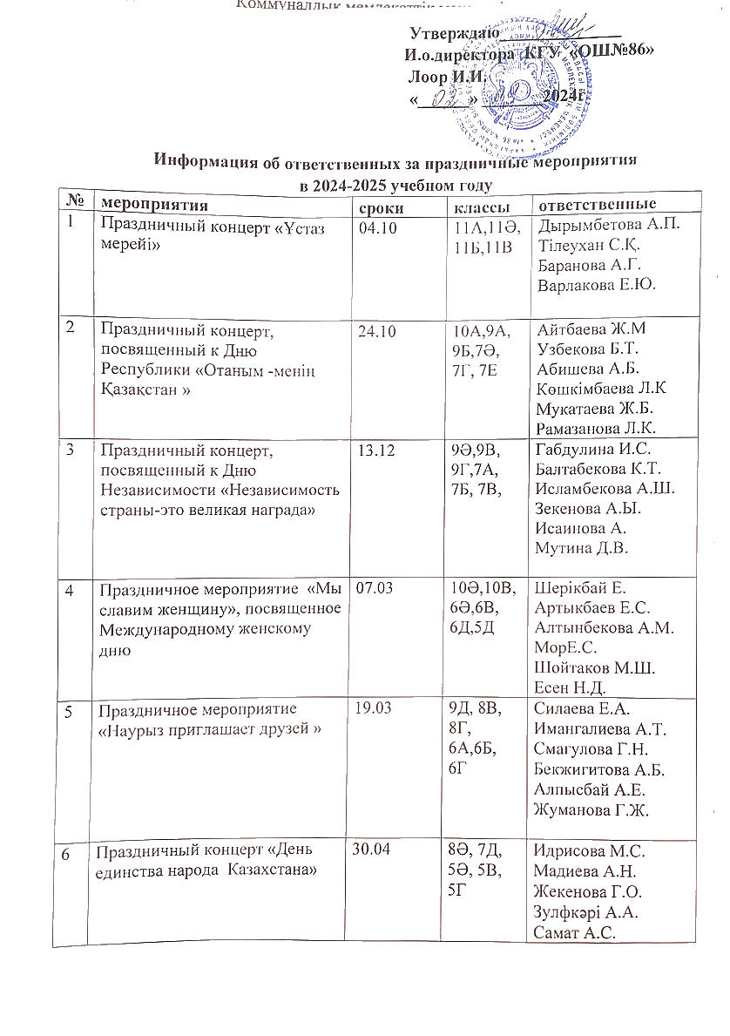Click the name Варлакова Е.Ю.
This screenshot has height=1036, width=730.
[597, 285]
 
